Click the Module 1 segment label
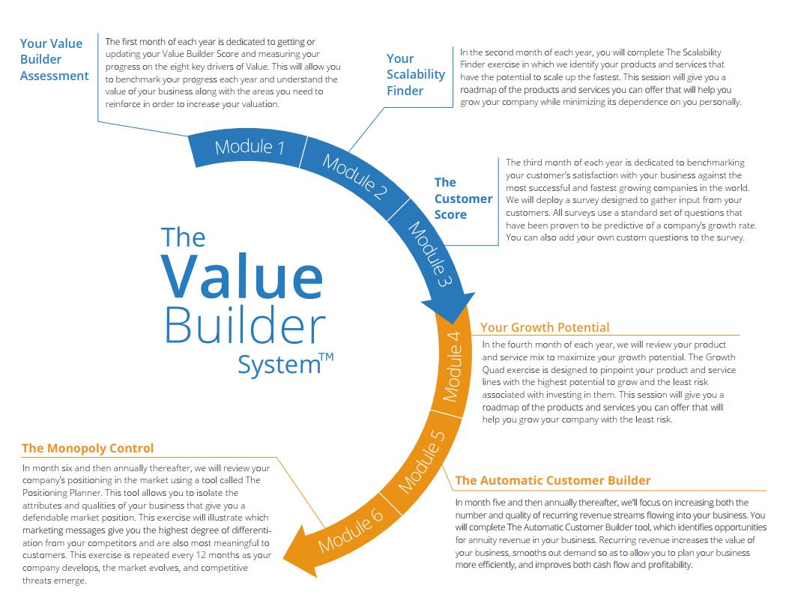(x=250, y=147)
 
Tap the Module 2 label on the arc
(x=354, y=177)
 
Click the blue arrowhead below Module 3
(x=447, y=308)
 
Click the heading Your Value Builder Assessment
(x=54, y=60)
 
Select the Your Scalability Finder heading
(x=405, y=75)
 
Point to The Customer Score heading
(x=463, y=199)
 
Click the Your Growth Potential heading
(x=545, y=327)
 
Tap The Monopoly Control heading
(x=88, y=449)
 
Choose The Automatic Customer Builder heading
(x=553, y=481)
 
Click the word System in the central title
(x=278, y=366)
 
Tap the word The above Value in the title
(x=183, y=237)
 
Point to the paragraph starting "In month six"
(x=146, y=525)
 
